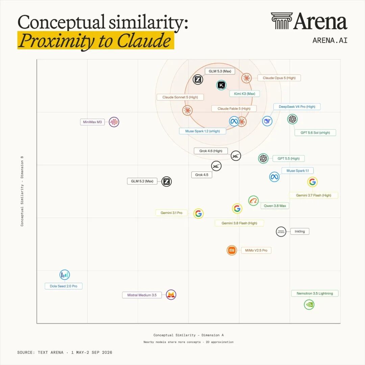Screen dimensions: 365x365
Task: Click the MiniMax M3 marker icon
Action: tap(114, 122)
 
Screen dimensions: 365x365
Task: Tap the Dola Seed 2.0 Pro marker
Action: tap(65, 275)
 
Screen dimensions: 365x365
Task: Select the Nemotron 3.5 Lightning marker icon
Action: tap(309, 305)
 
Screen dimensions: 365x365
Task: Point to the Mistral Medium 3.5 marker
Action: tap(171, 295)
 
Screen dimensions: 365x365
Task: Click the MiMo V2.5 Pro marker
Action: tap(232, 250)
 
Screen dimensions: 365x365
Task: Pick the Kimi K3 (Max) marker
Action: tap(221, 85)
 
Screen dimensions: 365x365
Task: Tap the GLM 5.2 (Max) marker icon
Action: tap(166, 181)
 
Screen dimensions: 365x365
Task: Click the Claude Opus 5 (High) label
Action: tap(279, 78)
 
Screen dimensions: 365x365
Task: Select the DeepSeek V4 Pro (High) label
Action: tap(297, 106)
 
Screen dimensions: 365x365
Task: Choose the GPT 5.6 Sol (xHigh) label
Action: tap(315, 133)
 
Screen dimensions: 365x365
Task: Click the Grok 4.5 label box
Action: tap(201, 175)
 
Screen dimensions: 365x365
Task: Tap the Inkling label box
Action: tap(299, 232)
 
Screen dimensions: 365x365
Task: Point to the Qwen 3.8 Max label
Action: tap(275, 206)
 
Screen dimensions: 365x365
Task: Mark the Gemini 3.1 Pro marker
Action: tap(199, 213)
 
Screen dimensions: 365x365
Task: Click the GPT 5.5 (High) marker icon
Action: tap(263, 159)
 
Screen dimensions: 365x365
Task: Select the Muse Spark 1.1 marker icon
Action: tap(274, 177)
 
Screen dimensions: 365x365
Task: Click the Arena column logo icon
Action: tap(282, 21)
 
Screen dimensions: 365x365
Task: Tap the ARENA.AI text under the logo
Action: tap(330, 40)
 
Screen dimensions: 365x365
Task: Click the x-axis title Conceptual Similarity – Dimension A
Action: tap(189, 335)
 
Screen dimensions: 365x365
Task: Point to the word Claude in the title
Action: tap(144, 41)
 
